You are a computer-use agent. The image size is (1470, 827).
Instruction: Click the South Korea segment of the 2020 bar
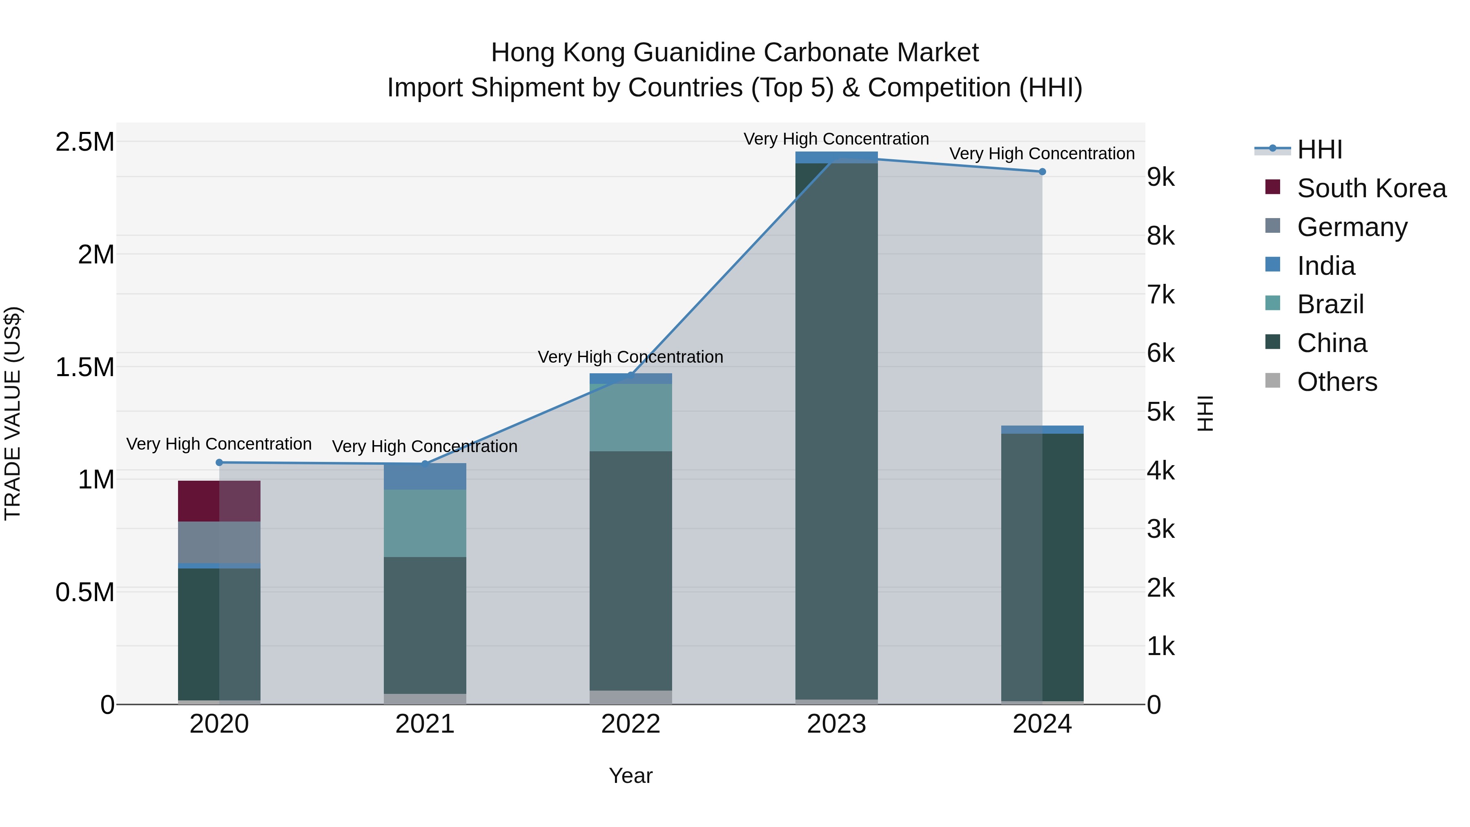[x=219, y=501]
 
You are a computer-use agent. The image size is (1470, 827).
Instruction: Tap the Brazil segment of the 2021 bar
[x=425, y=523]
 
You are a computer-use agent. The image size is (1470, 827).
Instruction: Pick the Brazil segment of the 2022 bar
[x=630, y=417]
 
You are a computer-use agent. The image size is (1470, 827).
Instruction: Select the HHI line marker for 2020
[x=219, y=462]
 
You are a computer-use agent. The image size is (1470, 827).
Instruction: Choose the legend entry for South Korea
[x=1371, y=188]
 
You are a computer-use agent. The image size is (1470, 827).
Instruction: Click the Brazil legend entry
[x=1330, y=304]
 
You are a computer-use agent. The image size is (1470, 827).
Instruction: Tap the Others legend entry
[x=1337, y=382]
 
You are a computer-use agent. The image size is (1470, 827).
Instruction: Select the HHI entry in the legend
[x=1319, y=149]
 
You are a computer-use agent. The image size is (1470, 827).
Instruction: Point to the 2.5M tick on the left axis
[x=85, y=142]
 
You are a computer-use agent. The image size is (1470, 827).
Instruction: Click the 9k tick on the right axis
[x=1161, y=178]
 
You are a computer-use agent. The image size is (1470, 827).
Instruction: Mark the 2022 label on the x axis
[x=630, y=724]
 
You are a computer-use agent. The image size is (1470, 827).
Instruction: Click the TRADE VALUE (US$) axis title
[x=13, y=413]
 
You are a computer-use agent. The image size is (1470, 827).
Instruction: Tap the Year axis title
[x=630, y=776]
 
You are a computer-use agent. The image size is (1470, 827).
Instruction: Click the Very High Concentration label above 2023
[x=836, y=139]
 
